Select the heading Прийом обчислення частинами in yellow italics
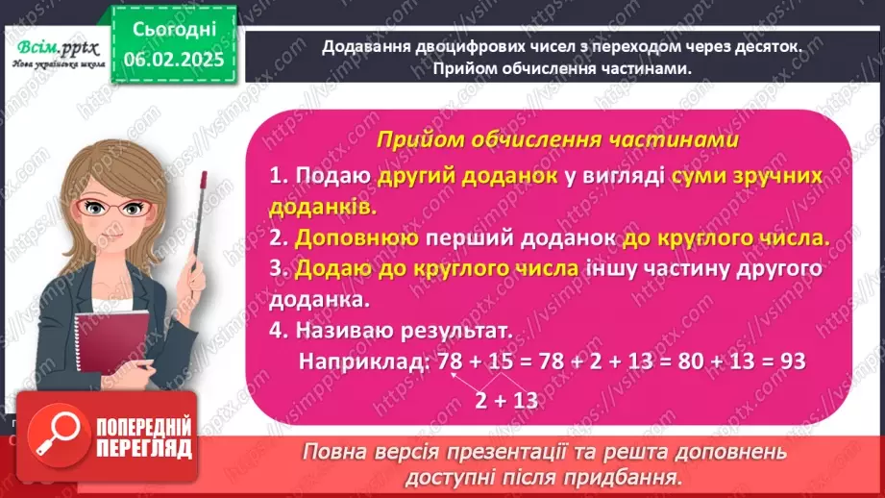557,140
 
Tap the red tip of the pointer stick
204,178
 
